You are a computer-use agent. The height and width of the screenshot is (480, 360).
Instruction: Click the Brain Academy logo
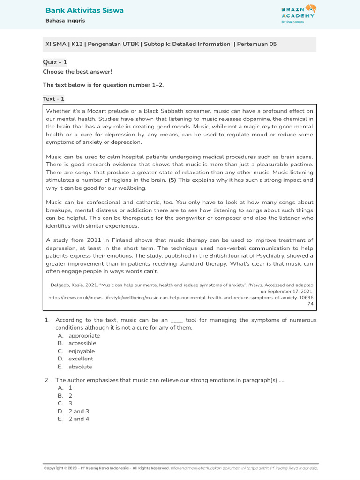tap(299, 14)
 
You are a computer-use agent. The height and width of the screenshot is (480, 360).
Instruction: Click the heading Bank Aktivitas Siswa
tap(84, 10)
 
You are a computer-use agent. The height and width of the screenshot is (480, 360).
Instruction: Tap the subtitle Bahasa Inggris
tap(65, 21)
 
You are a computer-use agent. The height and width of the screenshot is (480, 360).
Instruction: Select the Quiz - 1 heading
tap(55, 62)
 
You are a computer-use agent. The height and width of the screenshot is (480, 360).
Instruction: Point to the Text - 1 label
tap(53, 99)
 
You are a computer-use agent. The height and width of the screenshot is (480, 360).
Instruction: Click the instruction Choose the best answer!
tap(77, 72)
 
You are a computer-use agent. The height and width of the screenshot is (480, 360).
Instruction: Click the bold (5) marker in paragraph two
tap(173, 180)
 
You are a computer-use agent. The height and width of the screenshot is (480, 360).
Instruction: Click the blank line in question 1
tap(177, 321)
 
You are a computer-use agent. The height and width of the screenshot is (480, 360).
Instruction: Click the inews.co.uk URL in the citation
tap(181, 297)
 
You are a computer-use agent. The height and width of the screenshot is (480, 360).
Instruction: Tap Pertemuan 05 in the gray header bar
tap(257, 45)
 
